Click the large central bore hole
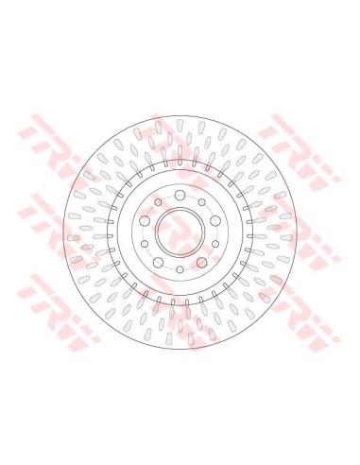tap(180, 232)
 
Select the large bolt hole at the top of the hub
tap(180, 195)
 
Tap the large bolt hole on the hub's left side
tap(145, 220)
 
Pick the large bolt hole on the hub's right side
tap(215, 220)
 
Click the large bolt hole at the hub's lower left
tap(158, 262)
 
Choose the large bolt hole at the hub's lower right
tap(201, 262)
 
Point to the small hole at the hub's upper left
tap(158, 202)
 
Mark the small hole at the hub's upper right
tap(202, 202)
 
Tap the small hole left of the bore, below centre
tap(145, 244)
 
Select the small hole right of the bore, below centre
tap(215, 244)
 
